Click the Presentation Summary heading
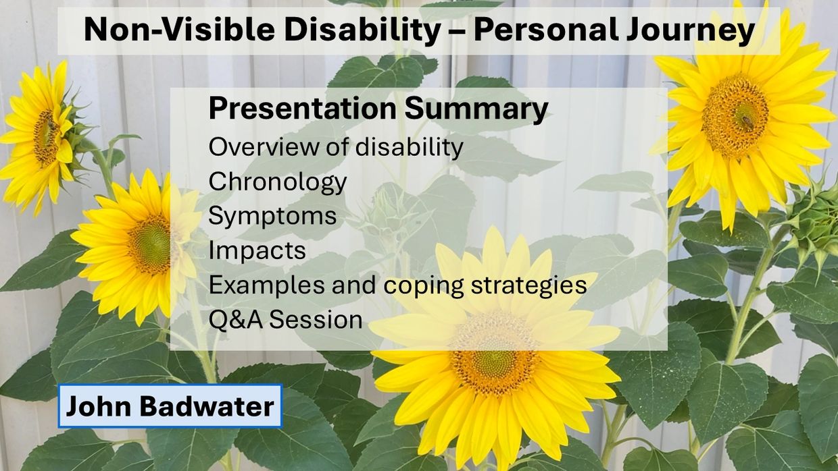[378, 109]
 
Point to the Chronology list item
[278, 182]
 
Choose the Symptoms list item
[272, 217]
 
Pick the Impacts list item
[257, 250]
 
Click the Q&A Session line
[285, 320]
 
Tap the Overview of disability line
[336, 147]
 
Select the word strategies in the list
[528, 285]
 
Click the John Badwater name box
[170, 406]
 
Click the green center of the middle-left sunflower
[149, 245]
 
